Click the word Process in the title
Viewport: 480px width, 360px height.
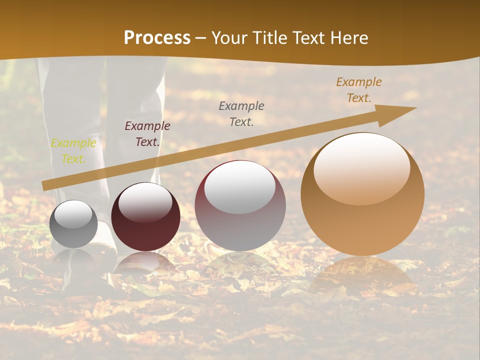157,38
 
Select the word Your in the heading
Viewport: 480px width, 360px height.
230,38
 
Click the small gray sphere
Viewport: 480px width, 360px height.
73,224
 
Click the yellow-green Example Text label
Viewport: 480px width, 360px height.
73,151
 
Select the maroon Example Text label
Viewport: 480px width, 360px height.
147,134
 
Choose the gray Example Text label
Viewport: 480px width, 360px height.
241,114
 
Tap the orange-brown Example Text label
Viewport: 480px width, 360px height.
358,90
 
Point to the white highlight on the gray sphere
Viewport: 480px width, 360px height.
73,214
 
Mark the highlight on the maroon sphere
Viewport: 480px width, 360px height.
145,202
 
